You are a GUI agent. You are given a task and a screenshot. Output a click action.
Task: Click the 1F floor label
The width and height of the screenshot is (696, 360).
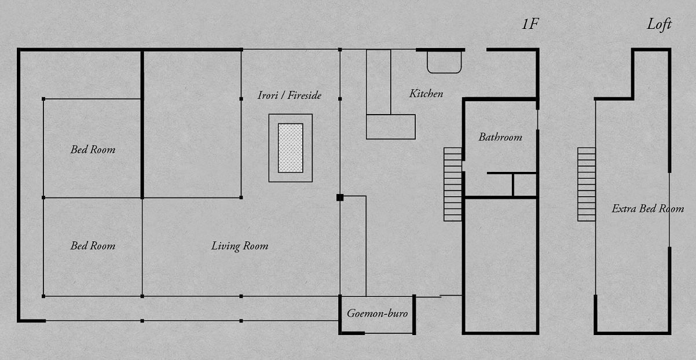point(530,24)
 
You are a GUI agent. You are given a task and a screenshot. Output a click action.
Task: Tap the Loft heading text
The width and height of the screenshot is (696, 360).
point(659,24)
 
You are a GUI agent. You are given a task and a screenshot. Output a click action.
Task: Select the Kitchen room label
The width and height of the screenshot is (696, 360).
point(426,94)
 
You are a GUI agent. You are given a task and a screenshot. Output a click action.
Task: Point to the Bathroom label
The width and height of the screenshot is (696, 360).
point(500,137)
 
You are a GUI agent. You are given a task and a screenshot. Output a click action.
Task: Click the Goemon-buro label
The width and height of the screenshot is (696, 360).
point(377,313)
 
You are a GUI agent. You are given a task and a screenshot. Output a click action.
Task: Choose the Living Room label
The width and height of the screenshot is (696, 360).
point(240,246)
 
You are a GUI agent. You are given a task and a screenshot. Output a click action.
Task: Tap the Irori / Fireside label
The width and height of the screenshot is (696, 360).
point(290,95)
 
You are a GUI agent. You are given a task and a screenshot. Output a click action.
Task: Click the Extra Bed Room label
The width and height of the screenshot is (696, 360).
point(648,208)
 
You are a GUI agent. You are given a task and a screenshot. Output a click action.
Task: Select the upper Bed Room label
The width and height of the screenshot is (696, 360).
point(93,150)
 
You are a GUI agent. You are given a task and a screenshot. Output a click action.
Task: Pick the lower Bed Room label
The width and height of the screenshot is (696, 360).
point(93,246)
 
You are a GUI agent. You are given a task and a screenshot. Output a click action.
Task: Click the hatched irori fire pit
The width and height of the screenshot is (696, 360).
point(291,148)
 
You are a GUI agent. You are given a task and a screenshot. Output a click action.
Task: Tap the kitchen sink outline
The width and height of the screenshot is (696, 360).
point(444,62)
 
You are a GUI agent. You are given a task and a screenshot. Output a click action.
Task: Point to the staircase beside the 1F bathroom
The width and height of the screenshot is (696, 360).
point(453,185)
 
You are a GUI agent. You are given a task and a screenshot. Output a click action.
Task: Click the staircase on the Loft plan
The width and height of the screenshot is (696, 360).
point(587,185)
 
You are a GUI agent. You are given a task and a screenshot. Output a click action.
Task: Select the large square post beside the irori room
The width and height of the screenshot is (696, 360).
point(340,197)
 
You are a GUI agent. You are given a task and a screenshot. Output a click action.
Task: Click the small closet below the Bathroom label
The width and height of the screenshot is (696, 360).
point(525,185)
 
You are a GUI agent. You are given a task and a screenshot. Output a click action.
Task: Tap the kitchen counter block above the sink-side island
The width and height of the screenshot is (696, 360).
point(379,82)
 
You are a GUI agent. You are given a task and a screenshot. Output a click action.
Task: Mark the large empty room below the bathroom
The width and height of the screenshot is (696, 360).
point(500,265)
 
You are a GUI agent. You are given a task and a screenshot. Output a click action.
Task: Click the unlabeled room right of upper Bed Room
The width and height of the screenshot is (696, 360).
point(192,124)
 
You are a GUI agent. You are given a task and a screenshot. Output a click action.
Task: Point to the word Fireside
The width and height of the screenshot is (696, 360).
point(305,95)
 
